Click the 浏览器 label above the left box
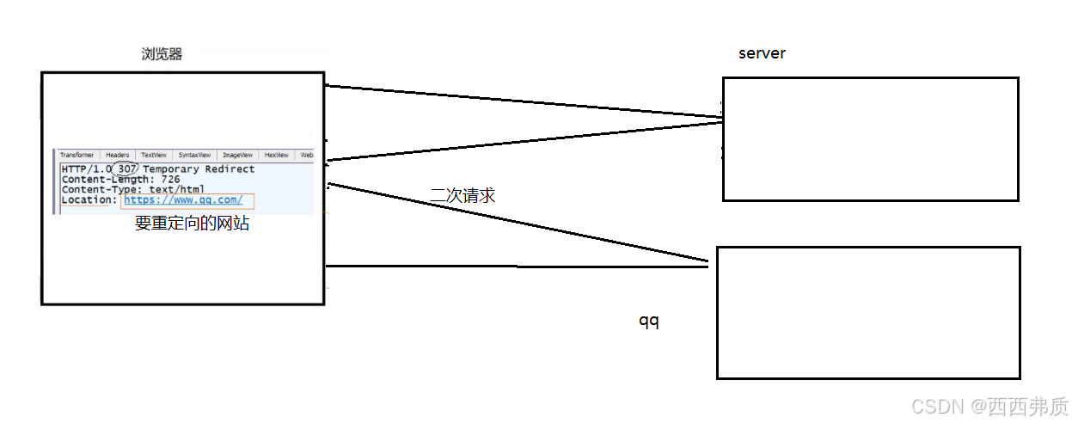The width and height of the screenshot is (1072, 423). coord(162,54)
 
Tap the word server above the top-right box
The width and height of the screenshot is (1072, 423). coord(762,53)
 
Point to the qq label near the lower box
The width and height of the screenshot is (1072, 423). coord(648,321)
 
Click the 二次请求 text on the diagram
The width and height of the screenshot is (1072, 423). coord(462,195)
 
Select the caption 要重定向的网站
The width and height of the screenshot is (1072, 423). coord(192,224)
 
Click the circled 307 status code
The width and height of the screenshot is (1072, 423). coord(126,169)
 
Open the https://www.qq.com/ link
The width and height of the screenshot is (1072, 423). coord(183,200)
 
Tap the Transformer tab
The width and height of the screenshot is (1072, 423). coord(77,155)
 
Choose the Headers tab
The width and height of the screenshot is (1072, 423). coord(117,155)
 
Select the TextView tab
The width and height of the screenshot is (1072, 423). coord(154,155)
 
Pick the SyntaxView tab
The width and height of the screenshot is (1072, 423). coord(195,155)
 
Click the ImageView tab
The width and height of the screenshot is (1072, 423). coord(237,155)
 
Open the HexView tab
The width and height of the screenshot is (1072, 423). coord(276,155)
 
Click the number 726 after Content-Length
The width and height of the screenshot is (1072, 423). coord(170,180)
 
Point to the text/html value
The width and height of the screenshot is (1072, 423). coord(177,190)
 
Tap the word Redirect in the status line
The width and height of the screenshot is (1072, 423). coord(230,169)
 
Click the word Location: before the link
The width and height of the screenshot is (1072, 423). coord(89,200)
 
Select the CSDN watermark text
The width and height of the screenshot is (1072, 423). coord(936,406)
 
